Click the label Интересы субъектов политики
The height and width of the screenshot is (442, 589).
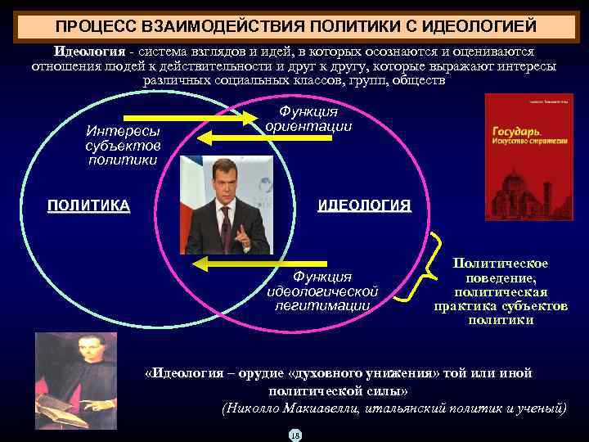pyautogui.click(x=123, y=145)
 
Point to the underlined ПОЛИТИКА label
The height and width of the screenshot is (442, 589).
pyautogui.click(x=88, y=205)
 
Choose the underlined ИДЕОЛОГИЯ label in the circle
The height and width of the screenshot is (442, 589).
pyautogui.click(x=364, y=205)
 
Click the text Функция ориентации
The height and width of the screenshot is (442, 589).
pyautogui.click(x=308, y=119)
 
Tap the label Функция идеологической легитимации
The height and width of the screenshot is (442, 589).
pyautogui.click(x=322, y=291)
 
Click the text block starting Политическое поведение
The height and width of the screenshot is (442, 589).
pyautogui.click(x=501, y=291)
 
